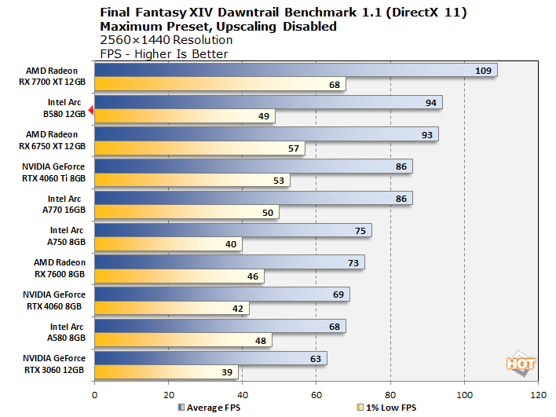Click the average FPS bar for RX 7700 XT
(x=295, y=71)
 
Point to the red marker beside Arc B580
(x=91, y=111)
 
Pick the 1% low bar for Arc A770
(x=186, y=212)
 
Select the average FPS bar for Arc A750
(x=232, y=230)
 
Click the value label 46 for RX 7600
(x=253, y=276)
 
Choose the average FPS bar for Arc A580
(x=219, y=326)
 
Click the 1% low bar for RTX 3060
(x=166, y=373)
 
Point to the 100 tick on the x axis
(x=464, y=394)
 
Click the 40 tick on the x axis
(x=242, y=394)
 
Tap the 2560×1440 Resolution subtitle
(x=166, y=40)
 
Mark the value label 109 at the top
(x=484, y=71)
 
